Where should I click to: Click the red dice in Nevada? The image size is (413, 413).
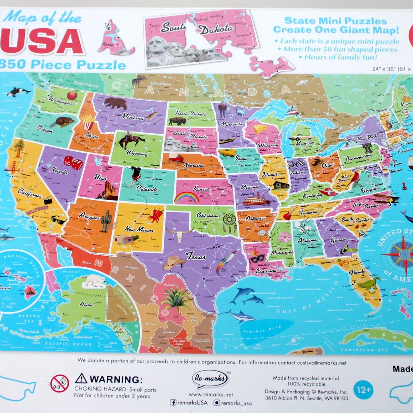point(73,162)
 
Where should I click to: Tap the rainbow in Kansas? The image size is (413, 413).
point(187,197)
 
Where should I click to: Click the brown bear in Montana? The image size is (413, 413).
point(115,103)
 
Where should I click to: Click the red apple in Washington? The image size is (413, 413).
point(72,95)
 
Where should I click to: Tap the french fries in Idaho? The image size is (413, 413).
point(88,122)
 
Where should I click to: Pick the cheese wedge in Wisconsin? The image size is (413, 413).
point(260,129)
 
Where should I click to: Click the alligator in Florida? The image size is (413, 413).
point(369,284)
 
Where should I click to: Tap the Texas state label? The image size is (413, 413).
point(196,256)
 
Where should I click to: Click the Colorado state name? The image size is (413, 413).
point(147,189)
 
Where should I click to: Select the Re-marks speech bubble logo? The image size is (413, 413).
point(210,379)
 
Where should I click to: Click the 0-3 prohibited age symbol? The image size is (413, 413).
point(60,383)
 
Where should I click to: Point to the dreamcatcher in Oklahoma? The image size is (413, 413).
point(230,221)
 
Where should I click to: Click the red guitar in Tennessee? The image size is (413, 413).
point(288,214)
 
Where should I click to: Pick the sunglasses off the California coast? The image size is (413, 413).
point(59,219)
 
